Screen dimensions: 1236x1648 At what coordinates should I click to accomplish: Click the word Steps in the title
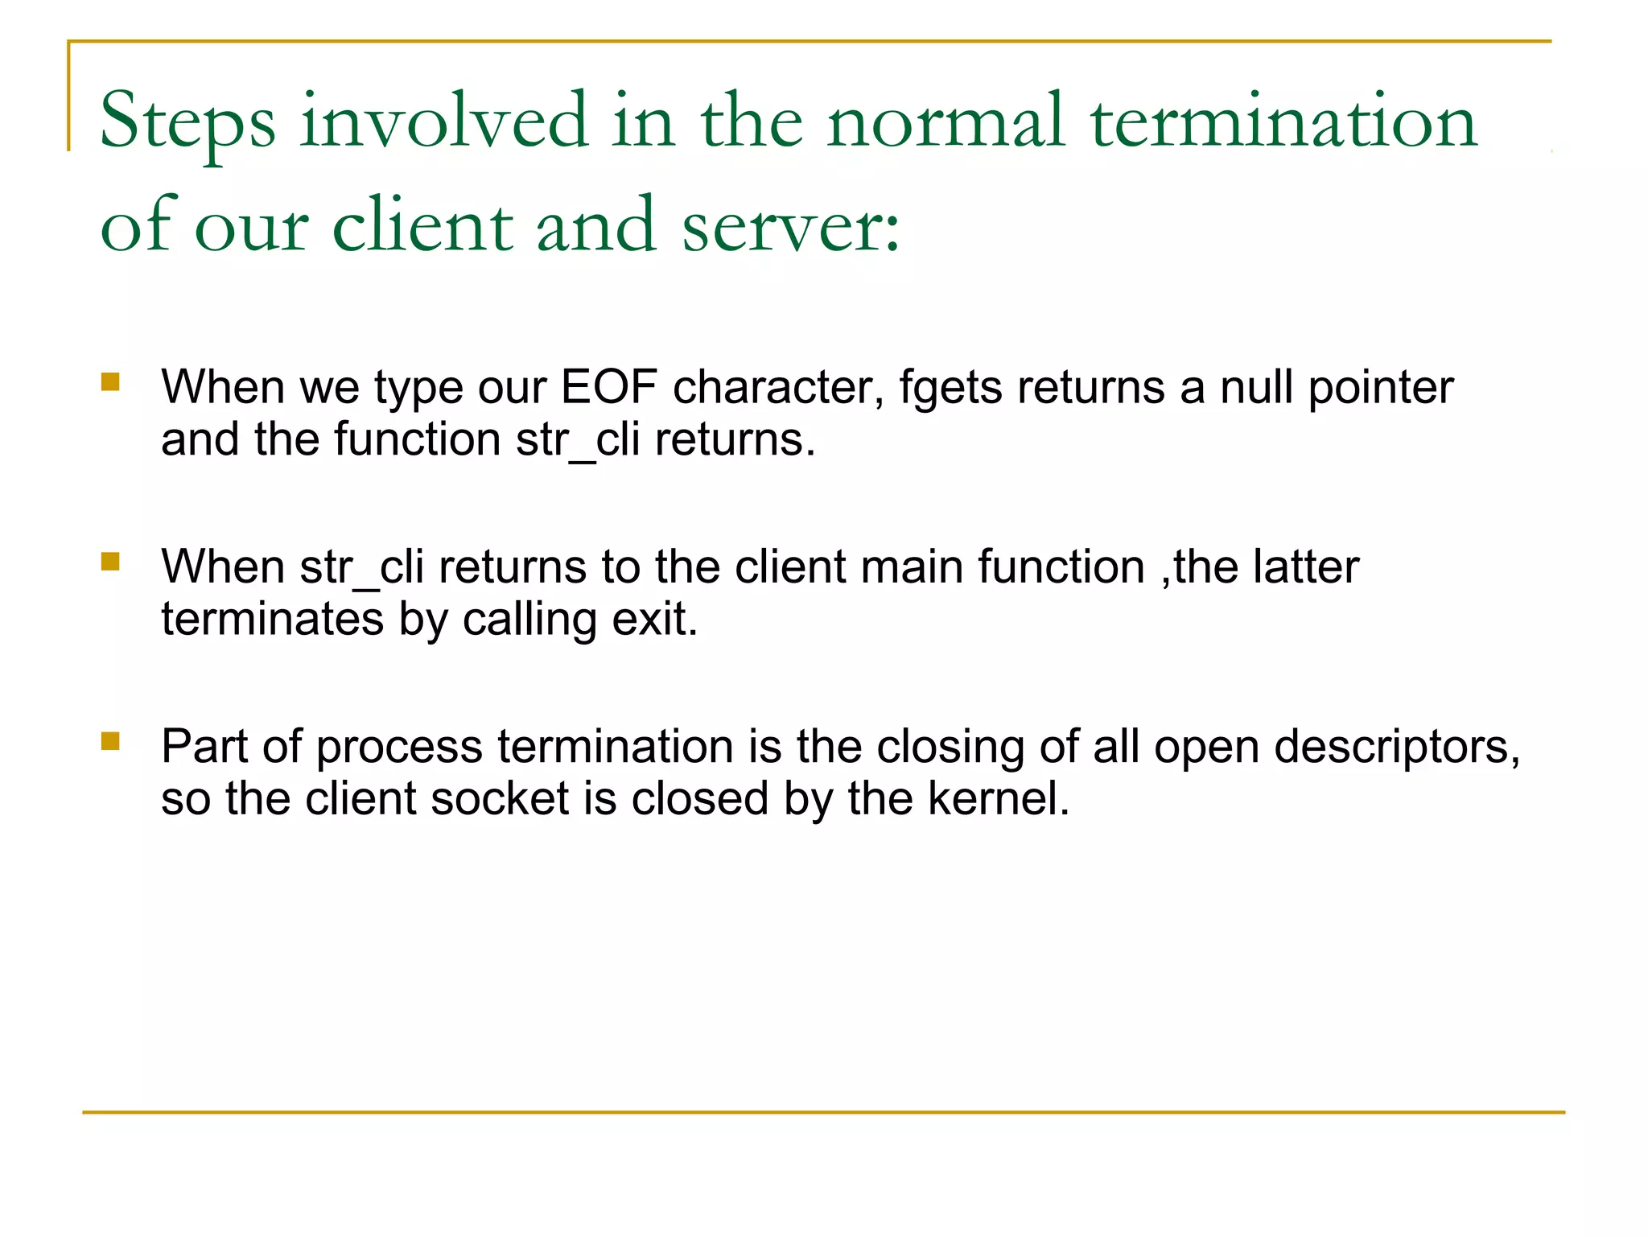[x=187, y=122]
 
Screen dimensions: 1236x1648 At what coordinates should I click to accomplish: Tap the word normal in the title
[x=946, y=122]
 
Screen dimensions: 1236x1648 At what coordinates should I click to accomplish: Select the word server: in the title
[x=791, y=226]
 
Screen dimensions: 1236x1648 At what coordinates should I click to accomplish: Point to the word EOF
[x=608, y=387]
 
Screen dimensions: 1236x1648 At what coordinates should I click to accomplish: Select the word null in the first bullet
[x=1256, y=387]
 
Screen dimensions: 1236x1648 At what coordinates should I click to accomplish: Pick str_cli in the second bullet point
[x=361, y=567]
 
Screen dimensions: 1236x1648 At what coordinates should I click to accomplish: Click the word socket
[x=500, y=799]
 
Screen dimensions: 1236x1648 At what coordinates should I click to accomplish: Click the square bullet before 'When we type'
[x=110, y=381]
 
